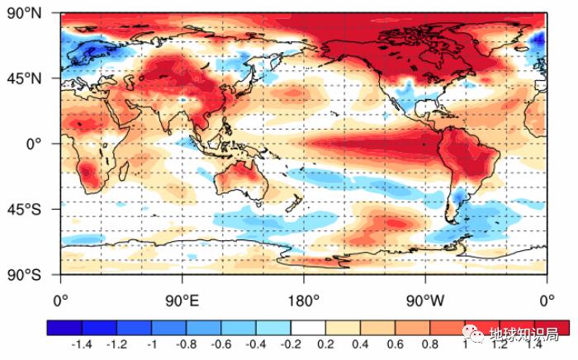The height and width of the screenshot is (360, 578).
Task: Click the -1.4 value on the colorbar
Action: point(82,343)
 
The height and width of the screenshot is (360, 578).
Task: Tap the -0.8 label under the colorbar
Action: point(187,343)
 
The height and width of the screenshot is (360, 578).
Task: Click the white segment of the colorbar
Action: point(308,328)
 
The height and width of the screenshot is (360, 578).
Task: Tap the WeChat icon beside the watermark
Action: point(480,334)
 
